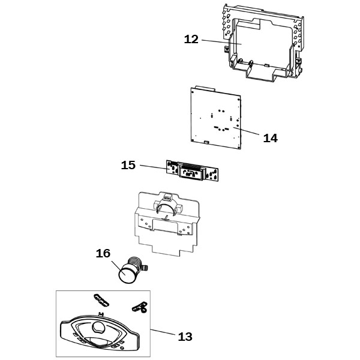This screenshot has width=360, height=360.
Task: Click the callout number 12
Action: pos(191,40)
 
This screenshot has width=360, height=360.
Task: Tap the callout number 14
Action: pos(270,138)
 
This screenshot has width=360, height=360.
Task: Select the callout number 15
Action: pos(128,166)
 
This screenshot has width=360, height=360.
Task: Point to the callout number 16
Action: pos(103,253)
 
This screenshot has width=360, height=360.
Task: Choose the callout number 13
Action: pos(185,337)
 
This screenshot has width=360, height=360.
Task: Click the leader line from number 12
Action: pos(221,42)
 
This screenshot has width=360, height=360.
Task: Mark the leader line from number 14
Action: pos(246,130)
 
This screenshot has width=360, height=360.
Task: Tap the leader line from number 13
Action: pos(163,332)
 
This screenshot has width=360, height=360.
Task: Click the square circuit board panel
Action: pos(216,118)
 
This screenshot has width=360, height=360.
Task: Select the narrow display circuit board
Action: pos(192,170)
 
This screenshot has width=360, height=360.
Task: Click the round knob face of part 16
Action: pos(126,274)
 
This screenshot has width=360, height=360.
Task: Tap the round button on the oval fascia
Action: pos(99,328)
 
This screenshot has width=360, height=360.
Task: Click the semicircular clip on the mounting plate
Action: pos(166,205)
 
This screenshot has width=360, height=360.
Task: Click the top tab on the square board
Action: pos(205,88)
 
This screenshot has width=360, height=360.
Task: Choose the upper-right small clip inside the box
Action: pos(140,307)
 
